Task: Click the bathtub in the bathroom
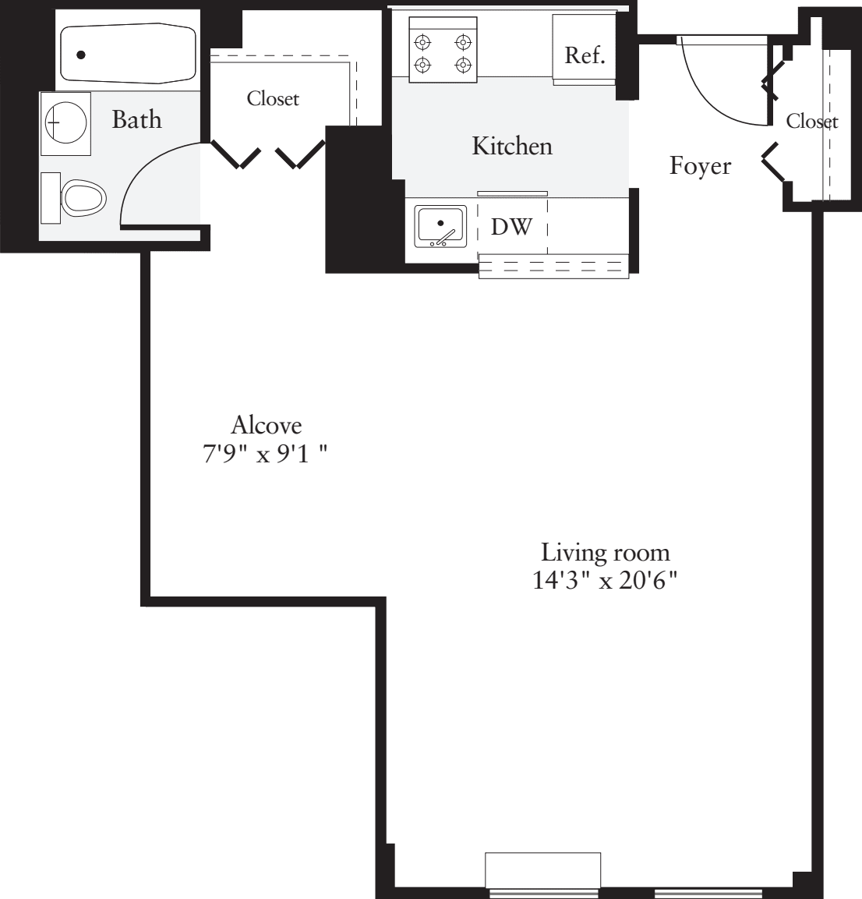[x=129, y=53]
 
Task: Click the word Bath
[x=136, y=119]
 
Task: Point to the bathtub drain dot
[x=80, y=55]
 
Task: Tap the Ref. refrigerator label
[x=585, y=55]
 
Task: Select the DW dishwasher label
[x=511, y=227]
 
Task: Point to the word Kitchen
[x=511, y=146]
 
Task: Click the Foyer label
[x=700, y=165]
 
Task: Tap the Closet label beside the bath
[x=273, y=99]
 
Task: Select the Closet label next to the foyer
[x=811, y=121]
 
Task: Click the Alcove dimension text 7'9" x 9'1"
[x=265, y=454]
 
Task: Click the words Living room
[x=605, y=553]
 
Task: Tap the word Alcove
[x=266, y=425]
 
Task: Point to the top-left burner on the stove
[x=422, y=41]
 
